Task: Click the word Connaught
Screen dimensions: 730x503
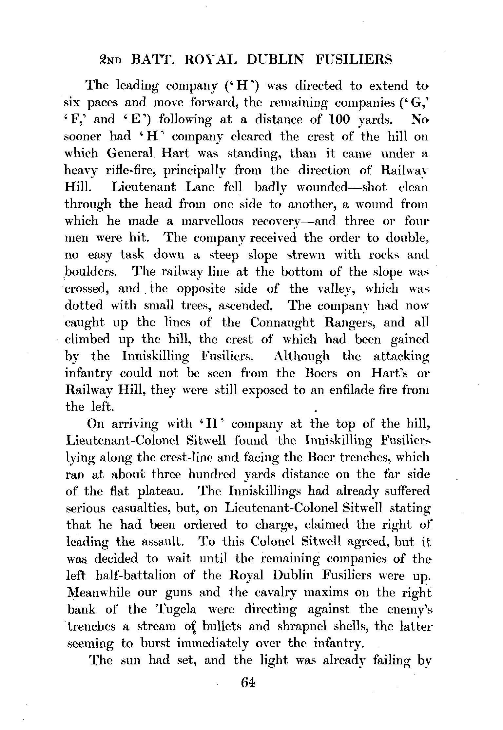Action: click(x=282, y=323)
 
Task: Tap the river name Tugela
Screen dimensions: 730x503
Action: click(x=176, y=610)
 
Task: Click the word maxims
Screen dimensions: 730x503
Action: click(x=326, y=593)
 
